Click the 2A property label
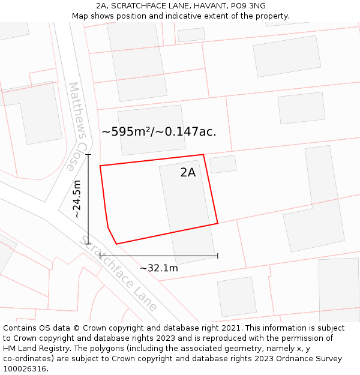188,173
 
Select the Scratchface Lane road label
119,274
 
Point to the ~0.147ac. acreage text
188,132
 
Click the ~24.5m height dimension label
77,199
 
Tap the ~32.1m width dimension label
158,268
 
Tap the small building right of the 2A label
223,164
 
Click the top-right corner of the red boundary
203,155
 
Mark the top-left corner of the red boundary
100,166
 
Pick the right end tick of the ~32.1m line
217,256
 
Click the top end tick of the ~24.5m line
88,155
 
